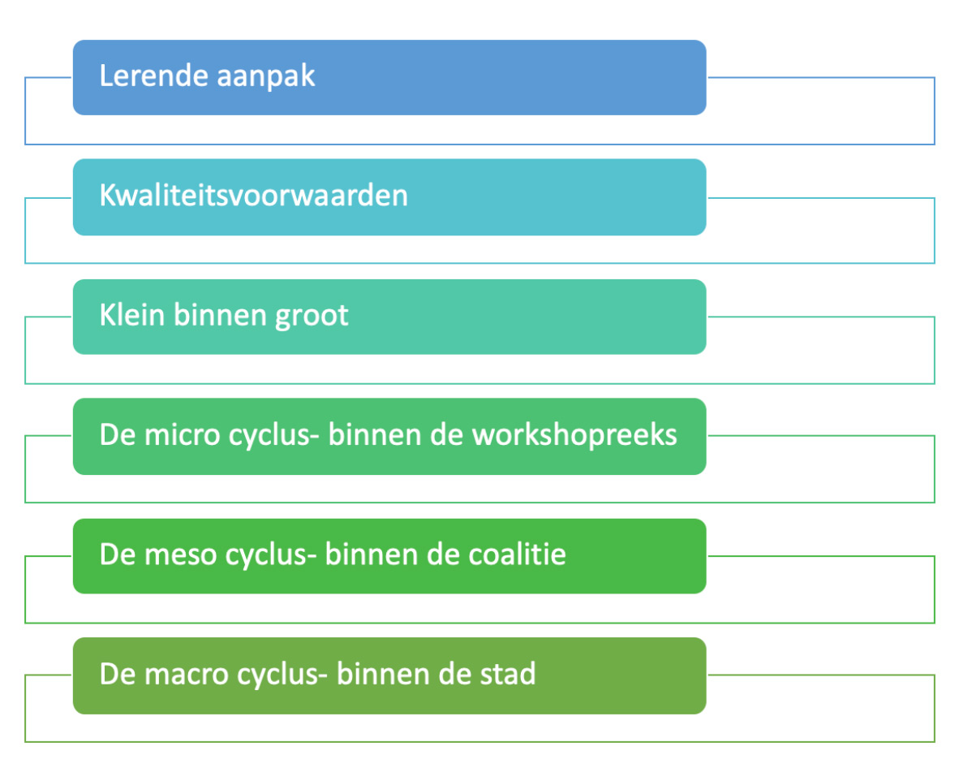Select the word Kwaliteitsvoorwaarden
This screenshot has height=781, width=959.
click(253, 196)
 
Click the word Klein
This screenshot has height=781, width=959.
click(132, 315)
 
